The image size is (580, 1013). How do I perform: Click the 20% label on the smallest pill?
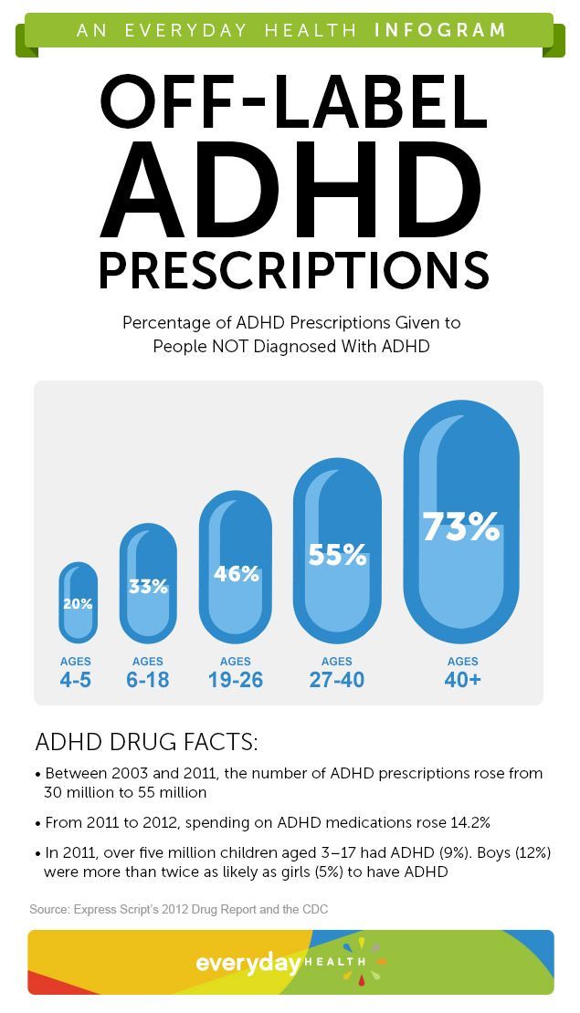coord(78,604)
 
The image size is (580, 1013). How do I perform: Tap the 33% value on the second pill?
coord(148,587)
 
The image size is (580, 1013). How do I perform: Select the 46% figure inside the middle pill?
coord(236,574)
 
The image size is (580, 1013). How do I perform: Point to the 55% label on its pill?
coord(337,554)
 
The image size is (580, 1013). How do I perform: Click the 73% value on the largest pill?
coord(461,526)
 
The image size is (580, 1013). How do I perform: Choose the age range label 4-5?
coord(76,680)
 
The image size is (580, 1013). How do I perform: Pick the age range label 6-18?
coord(147,680)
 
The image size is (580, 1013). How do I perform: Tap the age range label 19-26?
coord(236,680)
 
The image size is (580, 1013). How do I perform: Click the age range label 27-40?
coord(337,680)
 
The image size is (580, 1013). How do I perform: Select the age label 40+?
coord(462,680)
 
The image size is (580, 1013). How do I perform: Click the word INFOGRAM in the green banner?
coord(440,30)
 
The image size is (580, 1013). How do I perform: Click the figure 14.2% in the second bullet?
coord(467,822)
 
